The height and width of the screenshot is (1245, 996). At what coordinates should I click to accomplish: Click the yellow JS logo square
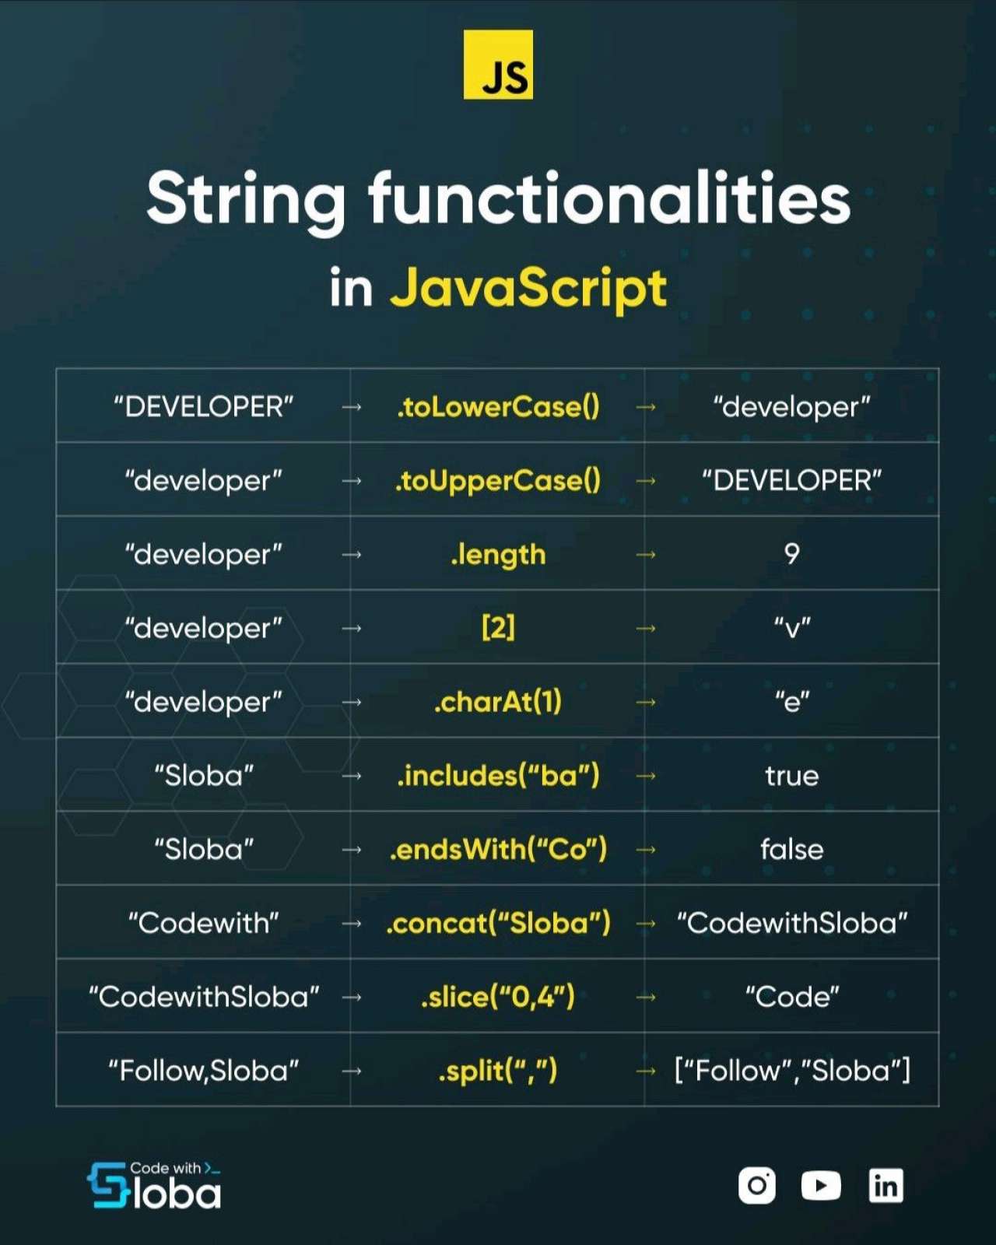click(498, 65)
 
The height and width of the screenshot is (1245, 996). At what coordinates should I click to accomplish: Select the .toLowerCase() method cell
click(498, 407)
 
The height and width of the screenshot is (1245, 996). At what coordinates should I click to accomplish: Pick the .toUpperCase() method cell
click(498, 481)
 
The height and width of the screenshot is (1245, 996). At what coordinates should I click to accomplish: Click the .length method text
click(498, 555)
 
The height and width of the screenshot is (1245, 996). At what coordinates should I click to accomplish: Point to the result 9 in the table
click(791, 554)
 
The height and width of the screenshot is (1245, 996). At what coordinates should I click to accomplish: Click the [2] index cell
click(498, 628)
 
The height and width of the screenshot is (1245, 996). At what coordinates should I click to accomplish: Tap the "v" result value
click(791, 627)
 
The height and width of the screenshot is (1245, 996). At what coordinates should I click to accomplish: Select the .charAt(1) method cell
click(498, 702)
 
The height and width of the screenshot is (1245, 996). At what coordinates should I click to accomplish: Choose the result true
click(791, 776)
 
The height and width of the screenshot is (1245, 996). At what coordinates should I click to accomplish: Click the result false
click(791, 849)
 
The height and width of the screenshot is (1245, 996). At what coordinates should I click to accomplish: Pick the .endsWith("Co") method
click(498, 849)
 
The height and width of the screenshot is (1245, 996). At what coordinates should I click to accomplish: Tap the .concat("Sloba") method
click(498, 924)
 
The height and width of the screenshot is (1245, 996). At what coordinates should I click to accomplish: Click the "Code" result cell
click(791, 997)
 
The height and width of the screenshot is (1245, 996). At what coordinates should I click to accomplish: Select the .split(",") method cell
click(498, 1071)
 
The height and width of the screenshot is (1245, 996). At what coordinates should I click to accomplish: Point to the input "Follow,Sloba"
click(203, 1071)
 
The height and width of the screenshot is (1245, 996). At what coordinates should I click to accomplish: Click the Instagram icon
click(757, 1185)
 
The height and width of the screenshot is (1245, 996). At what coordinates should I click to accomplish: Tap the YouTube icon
click(821, 1185)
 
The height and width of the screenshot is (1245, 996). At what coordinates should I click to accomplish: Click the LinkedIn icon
click(886, 1185)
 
